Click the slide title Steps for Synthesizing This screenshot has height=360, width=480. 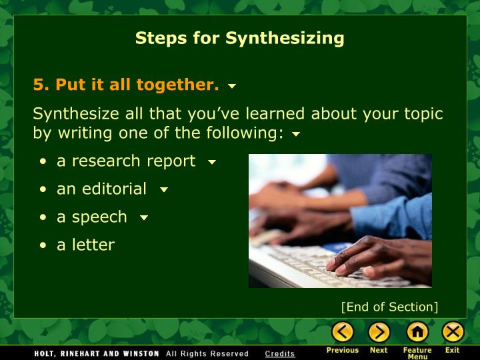pyautogui.click(x=239, y=38)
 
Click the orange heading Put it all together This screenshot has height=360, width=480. pyautogui.click(x=126, y=85)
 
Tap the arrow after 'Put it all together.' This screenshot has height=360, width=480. pyautogui.click(x=232, y=87)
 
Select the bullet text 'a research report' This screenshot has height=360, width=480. pyautogui.click(x=126, y=161)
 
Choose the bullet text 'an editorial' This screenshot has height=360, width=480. pyautogui.click(x=101, y=189)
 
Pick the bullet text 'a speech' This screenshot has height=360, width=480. pyautogui.click(x=91, y=217)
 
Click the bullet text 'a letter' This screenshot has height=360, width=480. pyautogui.click(x=85, y=245)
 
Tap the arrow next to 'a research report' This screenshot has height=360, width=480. pyautogui.click(x=212, y=162)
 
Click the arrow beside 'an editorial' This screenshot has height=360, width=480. pyautogui.click(x=163, y=190)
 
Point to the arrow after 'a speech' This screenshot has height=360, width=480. pyautogui.click(x=143, y=218)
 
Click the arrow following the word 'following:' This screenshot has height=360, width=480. pyautogui.click(x=296, y=134)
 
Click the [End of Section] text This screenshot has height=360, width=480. pyautogui.click(x=389, y=307)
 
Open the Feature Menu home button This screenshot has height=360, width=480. pyautogui.click(x=417, y=331)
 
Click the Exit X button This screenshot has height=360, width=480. pyautogui.click(x=453, y=331)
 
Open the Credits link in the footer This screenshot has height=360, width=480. pyautogui.click(x=279, y=353)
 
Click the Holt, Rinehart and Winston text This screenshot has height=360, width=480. pyautogui.click(x=97, y=353)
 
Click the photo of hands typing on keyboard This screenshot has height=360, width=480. pyautogui.click(x=340, y=221)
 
